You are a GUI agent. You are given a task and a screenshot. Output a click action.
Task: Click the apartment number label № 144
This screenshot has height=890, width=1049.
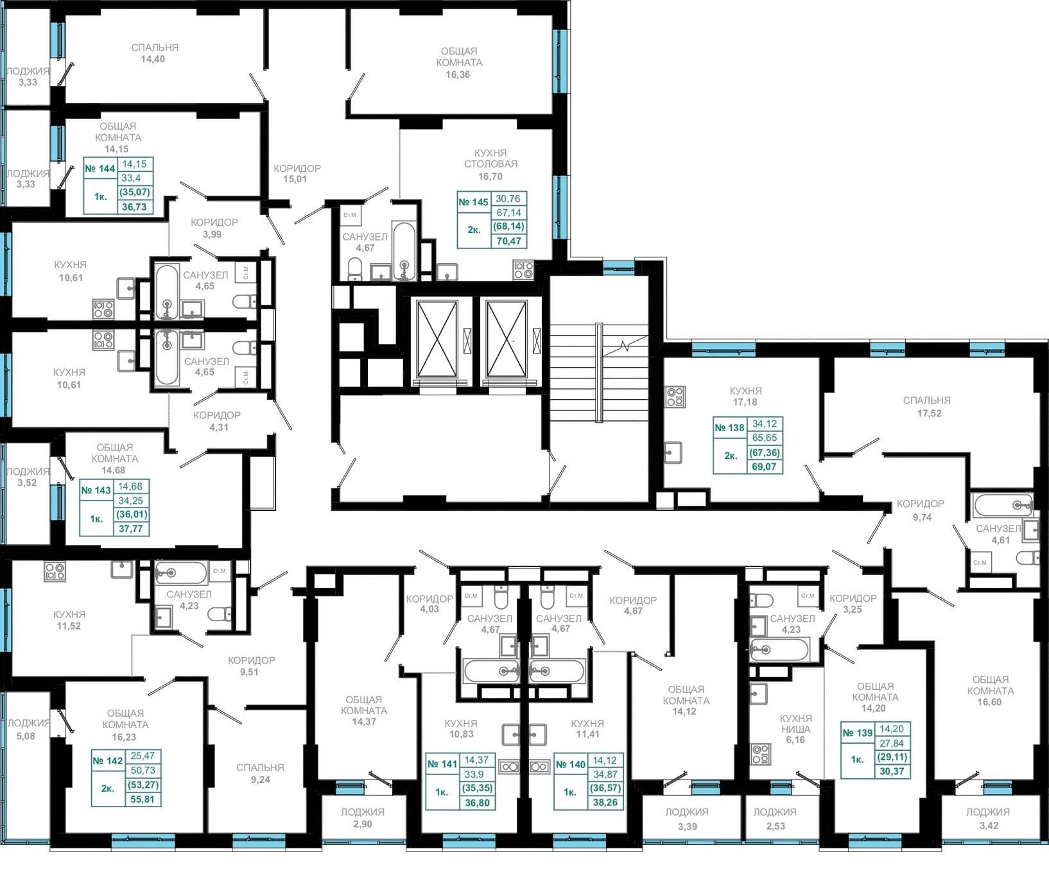pyautogui.click(x=100, y=169)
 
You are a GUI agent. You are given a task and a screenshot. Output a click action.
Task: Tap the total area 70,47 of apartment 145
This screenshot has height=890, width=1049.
pyautogui.click(x=507, y=241)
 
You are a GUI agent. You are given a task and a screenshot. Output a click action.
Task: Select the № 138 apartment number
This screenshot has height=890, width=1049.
pyautogui.click(x=729, y=427)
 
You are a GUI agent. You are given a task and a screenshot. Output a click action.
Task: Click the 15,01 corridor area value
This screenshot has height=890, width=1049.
pyautogui.click(x=295, y=179)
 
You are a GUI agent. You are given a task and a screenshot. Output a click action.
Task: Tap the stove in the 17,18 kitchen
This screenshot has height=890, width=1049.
pyautogui.click(x=675, y=397)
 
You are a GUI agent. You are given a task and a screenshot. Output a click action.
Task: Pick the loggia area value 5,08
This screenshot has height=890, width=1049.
pyautogui.click(x=25, y=736)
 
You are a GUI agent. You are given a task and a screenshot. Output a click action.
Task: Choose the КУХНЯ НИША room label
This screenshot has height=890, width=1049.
pyautogui.click(x=795, y=723)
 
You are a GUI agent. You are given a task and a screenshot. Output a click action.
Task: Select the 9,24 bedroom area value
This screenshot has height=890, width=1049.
pyautogui.click(x=260, y=780)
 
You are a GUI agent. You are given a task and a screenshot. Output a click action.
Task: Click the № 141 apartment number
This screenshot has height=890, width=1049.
pyautogui.click(x=442, y=764)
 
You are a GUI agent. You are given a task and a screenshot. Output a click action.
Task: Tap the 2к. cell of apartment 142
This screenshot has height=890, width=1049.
pyautogui.click(x=107, y=789)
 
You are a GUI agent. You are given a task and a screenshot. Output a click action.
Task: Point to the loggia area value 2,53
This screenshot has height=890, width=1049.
pyautogui.click(x=775, y=826)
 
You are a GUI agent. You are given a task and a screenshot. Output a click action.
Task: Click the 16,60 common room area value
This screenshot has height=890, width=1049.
pyautogui.click(x=990, y=702)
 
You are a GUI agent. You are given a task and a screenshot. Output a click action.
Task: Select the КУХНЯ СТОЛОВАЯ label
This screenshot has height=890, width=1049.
pyautogui.click(x=490, y=158)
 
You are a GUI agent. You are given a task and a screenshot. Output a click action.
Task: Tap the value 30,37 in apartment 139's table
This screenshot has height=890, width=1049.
pyautogui.click(x=892, y=771)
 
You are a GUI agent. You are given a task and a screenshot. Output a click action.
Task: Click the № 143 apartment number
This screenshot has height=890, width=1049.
pyautogui.click(x=96, y=490)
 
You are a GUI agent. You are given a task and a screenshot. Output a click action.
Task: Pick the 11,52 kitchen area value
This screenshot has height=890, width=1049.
pyautogui.click(x=69, y=626)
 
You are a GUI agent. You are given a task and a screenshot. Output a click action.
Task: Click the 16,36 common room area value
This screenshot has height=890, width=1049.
pyautogui.click(x=458, y=74)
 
